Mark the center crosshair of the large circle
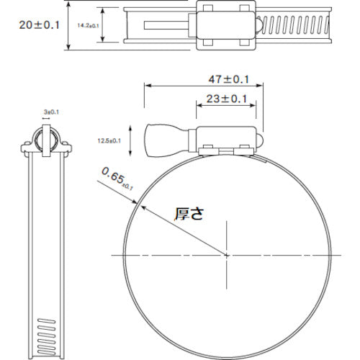[x=227, y=255]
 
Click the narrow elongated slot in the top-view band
[x=161, y=27]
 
